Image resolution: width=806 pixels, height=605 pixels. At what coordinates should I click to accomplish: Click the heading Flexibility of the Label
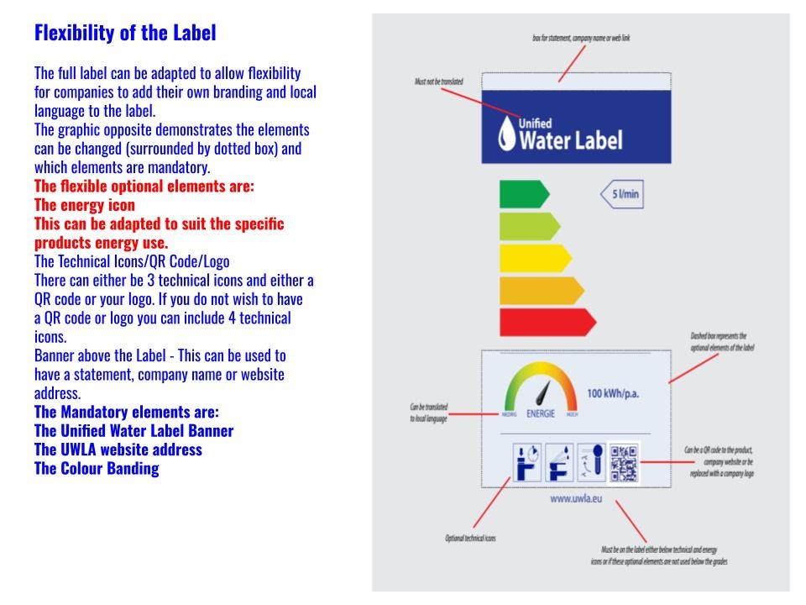click(125, 34)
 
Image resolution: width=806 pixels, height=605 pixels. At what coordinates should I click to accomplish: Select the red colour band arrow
click(547, 322)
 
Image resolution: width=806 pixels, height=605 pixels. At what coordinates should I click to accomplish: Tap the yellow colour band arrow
click(534, 258)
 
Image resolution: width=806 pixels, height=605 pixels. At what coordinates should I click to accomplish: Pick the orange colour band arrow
click(540, 290)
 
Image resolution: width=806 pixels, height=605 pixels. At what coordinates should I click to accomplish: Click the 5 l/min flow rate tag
click(623, 195)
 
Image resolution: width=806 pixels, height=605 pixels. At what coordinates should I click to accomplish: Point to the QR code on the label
click(624, 462)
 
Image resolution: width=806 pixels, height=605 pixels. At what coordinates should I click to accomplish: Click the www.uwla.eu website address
click(573, 498)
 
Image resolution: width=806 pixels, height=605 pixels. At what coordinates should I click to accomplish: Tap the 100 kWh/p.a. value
click(619, 393)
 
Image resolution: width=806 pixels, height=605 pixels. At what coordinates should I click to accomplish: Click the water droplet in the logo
click(506, 135)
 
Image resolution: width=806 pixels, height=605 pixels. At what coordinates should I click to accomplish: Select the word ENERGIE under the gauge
click(540, 413)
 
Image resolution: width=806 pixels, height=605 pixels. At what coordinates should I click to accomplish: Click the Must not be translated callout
click(438, 82)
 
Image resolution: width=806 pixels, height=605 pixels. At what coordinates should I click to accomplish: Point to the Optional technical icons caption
click(469, 538)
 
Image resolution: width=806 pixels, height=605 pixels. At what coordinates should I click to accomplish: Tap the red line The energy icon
click(85, 205)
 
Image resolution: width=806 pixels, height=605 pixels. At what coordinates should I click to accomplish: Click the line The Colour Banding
click(97, 469)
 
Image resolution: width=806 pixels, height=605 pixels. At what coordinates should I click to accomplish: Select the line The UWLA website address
click(118, 450)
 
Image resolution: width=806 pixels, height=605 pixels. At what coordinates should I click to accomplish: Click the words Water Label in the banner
click(571, 140)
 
